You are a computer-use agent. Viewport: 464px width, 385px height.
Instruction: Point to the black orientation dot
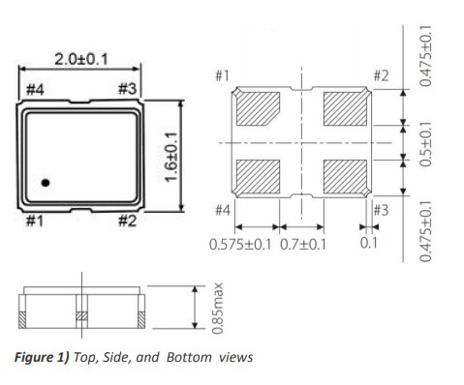[46, 181]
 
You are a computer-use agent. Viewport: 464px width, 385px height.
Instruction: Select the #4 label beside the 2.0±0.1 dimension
[35, 89]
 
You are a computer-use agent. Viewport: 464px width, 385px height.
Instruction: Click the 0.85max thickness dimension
[221, 307]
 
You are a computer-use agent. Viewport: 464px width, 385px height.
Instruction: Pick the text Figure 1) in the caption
[38, 357]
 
